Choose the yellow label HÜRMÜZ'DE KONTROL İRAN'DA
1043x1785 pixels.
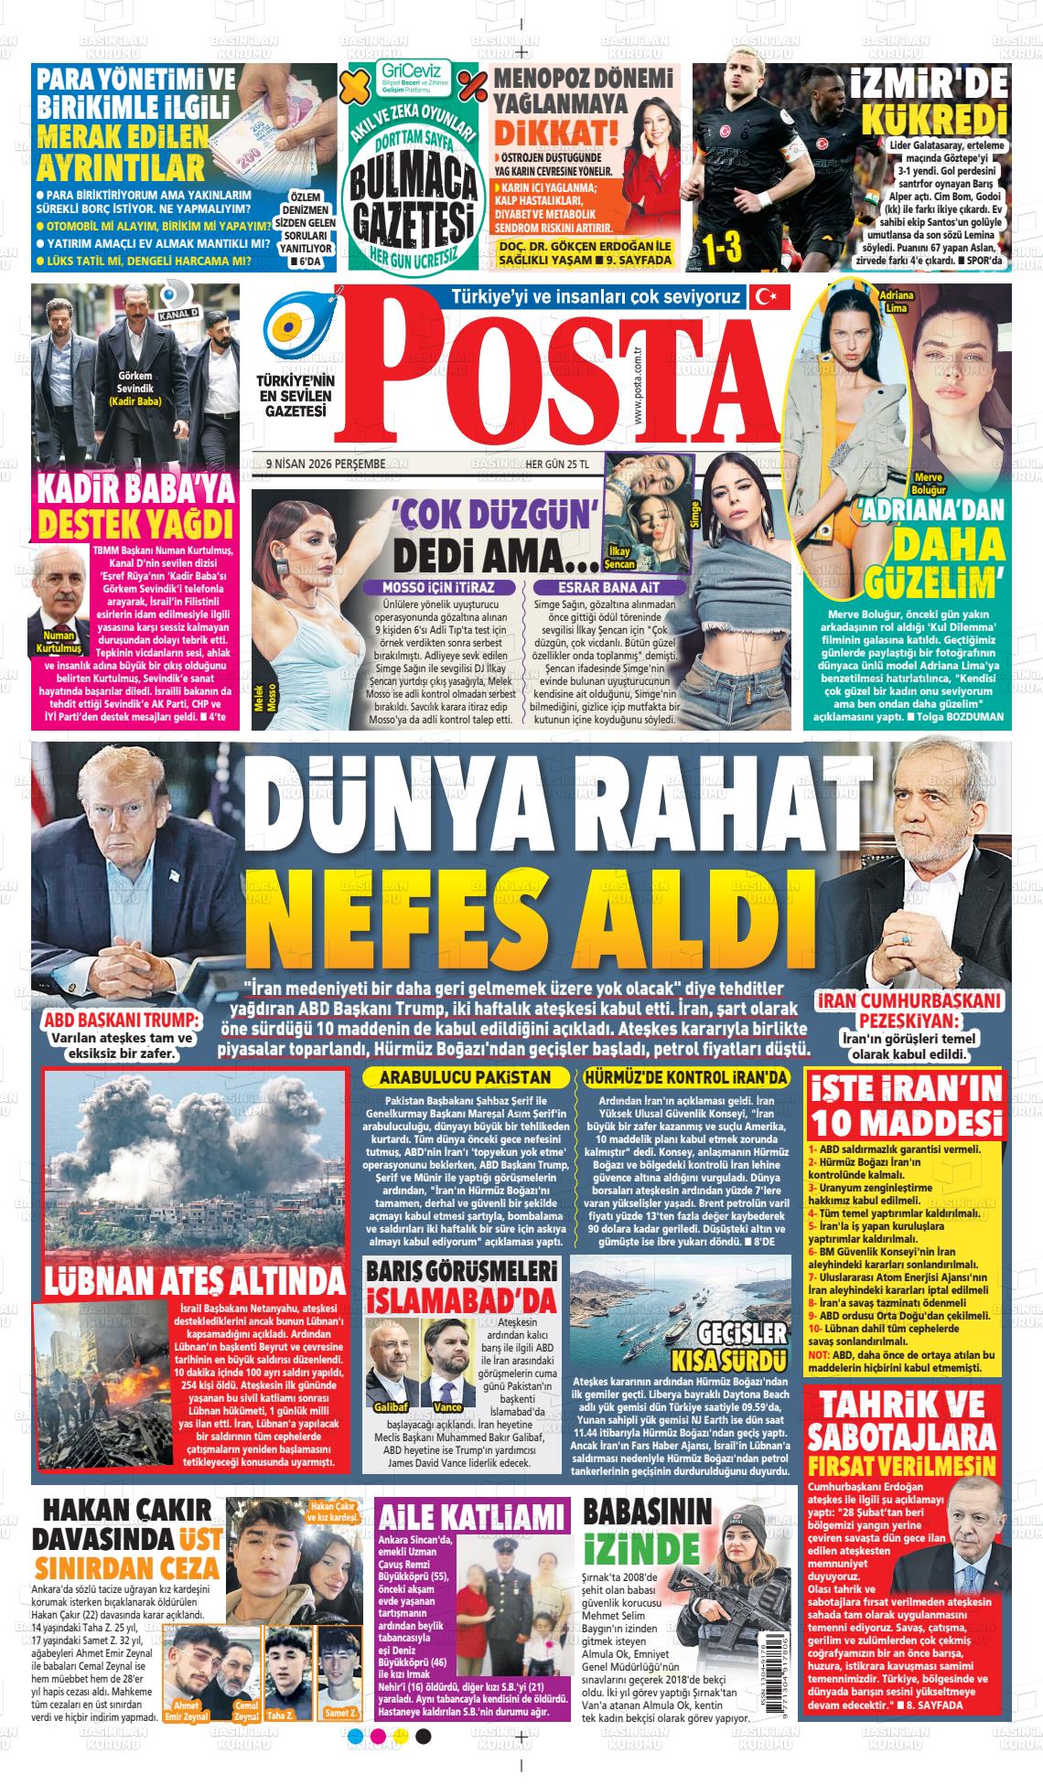tap(685, 1078)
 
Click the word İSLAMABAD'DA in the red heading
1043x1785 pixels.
tap(461, 1299)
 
